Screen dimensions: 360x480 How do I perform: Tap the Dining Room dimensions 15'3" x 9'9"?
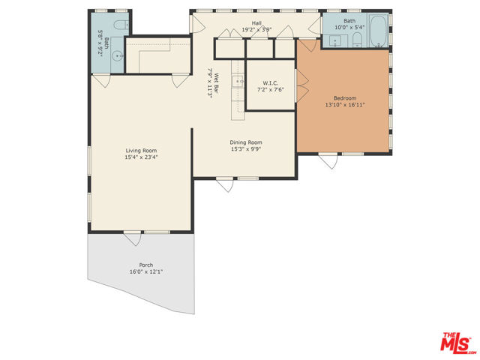[246, 148]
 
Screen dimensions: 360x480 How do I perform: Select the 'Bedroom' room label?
[344, 97]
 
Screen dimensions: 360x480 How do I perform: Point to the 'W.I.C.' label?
[271, 82]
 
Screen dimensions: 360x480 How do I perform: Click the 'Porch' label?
[145, 265]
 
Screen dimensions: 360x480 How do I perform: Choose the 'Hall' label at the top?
[256, 23]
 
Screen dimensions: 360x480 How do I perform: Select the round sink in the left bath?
[117, 55]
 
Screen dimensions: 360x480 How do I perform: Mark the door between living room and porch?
[133, 238]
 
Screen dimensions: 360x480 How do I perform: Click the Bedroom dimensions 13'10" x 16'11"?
[344, 105]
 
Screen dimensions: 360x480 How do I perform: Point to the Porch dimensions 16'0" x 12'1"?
[145, 272]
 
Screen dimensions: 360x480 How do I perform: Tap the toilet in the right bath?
[357, 40]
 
